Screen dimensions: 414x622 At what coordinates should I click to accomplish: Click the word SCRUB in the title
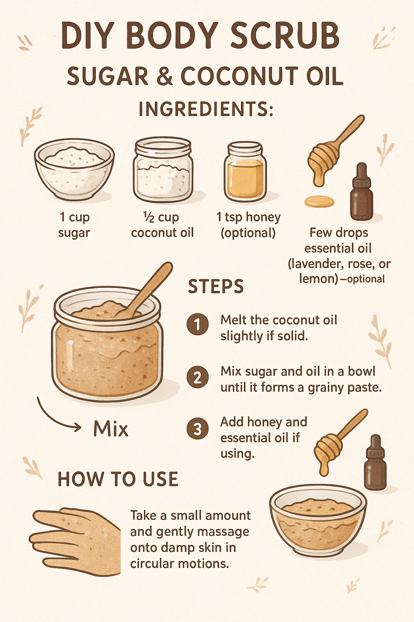click(x=285, y=36)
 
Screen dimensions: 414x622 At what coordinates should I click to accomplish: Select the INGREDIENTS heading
click(x=206, y=109)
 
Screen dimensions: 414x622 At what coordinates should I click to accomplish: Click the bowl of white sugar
click(x=74, y=169)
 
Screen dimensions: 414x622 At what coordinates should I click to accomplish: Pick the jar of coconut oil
click(x=163, y=169)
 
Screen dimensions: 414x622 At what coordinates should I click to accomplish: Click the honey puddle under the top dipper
click(x=319, y=201)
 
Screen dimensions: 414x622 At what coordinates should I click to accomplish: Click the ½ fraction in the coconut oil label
click(x=149, y=217)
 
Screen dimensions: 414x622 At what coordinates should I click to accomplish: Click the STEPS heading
click(x=216, y=286)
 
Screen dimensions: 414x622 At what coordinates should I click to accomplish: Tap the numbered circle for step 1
click(x=197, y=324)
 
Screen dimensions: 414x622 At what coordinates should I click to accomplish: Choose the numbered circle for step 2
click(x=197, y=377)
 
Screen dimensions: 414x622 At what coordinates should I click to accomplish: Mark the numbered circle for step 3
click(x=197, y=429)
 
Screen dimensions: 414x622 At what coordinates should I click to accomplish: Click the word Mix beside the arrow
click(x=111, y=428)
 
